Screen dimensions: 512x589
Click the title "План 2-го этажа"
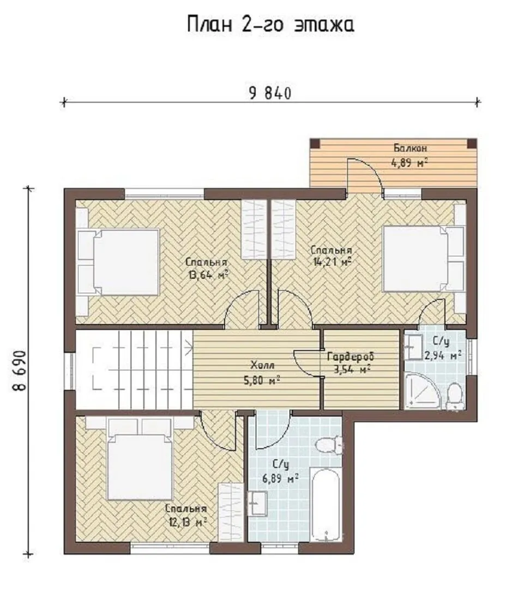tap(270, 25)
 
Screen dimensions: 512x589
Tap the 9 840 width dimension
tap(270, 93)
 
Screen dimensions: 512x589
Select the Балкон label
tap(410, 148)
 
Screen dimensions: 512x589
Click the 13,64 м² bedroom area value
tap(209, 275)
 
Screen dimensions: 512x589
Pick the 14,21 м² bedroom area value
tap(332, 261)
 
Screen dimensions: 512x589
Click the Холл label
tap(263, 365)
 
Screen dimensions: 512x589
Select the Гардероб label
tap(351, 356)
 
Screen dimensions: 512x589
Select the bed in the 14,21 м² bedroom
tap(423, 258)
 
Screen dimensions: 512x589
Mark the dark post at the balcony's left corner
tap(315, 143)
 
